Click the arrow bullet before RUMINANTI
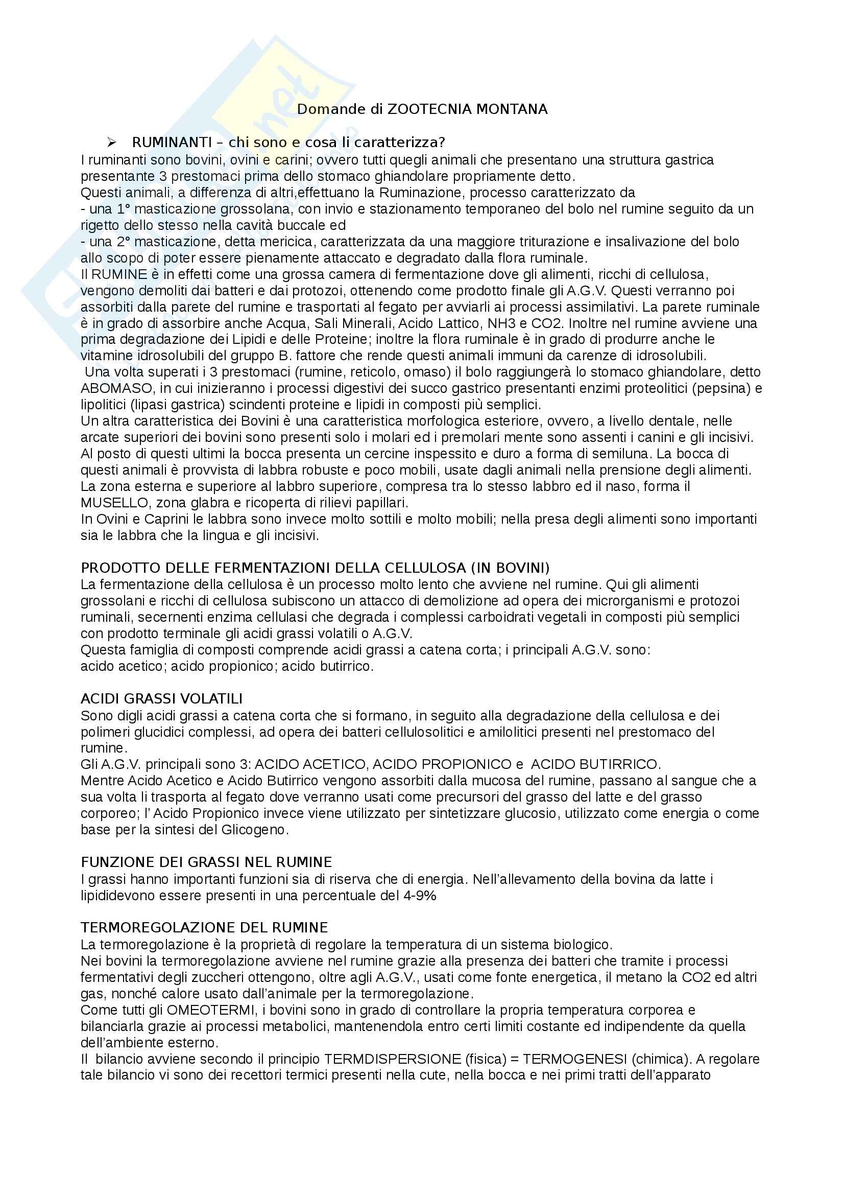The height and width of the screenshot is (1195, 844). click(x=110, y=143)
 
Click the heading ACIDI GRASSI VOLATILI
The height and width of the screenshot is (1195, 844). click(x=161, y=698)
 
